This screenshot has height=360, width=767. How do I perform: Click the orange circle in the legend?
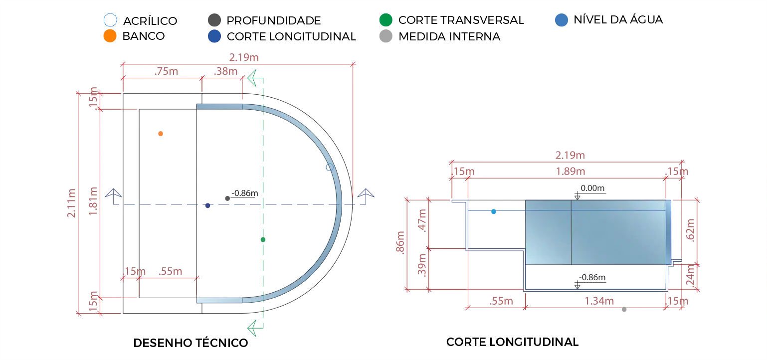tap(109, 36)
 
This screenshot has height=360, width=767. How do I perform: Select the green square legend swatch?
tap(386, 20)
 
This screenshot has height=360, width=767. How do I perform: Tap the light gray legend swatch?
tap(386, 37)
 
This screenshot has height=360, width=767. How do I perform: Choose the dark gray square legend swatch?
tap(216, 20)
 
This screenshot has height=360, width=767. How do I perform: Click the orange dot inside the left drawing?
tap(160, 134)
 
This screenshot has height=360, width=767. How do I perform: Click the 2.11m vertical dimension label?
tap(71, 202)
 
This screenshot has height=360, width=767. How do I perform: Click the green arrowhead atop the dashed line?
tap(254, 79)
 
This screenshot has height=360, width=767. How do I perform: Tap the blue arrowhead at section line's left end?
tap(113, 194)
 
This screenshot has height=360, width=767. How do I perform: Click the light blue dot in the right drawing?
tap(494, 212)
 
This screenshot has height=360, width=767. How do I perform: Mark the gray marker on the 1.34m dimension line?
tap(624, 311)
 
